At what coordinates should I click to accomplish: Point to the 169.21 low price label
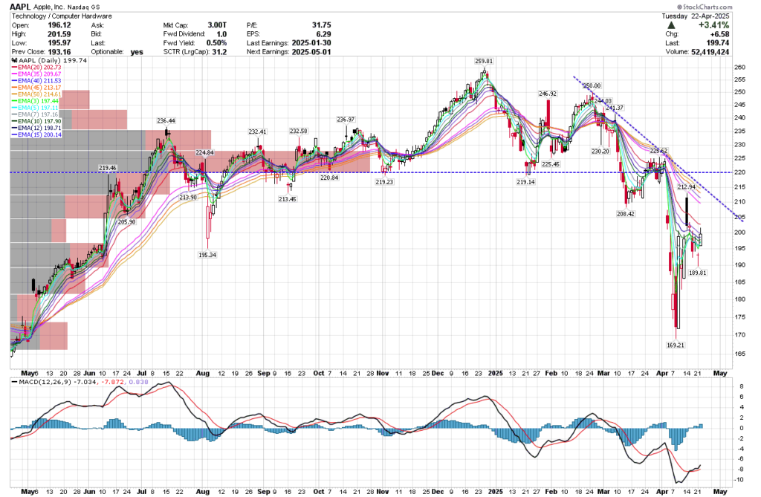click(675, 345)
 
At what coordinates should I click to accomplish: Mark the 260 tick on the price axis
click(739, 67)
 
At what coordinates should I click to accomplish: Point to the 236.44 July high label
click(166, 120)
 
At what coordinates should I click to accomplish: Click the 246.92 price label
click(548, 94)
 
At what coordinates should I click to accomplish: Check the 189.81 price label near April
click(698, 272)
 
